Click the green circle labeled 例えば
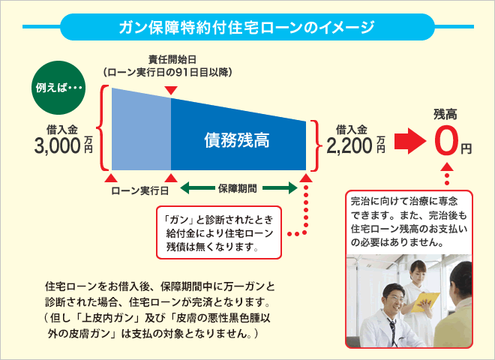(x=58, y=88)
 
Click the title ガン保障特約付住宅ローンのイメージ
(x=247, y=28)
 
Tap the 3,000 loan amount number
(x=58, y=146)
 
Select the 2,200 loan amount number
(x=349, y=146)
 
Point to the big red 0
(x=445, y=141)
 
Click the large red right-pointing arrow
(x=410, y=141)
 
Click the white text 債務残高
(x=237, y=140)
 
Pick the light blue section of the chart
(x=142, y=130)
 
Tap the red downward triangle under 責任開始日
(x=172, y=90)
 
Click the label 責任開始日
(x=172, y=59)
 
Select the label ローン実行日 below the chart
(x=139, y=190)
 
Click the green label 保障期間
(x=238, y=188)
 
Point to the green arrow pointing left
(x=197, y=188)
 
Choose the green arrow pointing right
(x=280, y=188)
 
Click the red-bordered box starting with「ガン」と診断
(x=219, y=232)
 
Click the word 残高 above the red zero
(x=445, y=114)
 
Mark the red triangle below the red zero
(x=447, y=166)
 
